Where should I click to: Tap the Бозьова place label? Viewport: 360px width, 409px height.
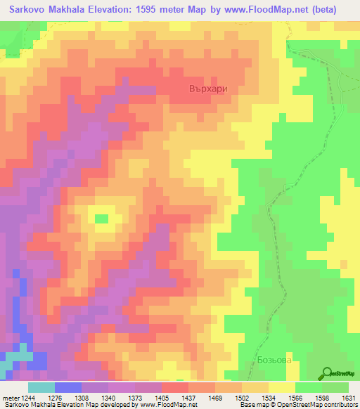pyautogui.click(x=273, y=360)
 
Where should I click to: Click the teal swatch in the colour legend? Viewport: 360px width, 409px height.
pyautogui.click(x=41, y=387)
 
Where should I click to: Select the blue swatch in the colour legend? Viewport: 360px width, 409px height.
pyautogui.click(x=67, y=387)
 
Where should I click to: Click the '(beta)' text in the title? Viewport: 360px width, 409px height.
pyautogui.click(x=322, y=10)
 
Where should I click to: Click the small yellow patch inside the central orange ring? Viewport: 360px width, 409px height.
pyautogui.click(x=103, y=218)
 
